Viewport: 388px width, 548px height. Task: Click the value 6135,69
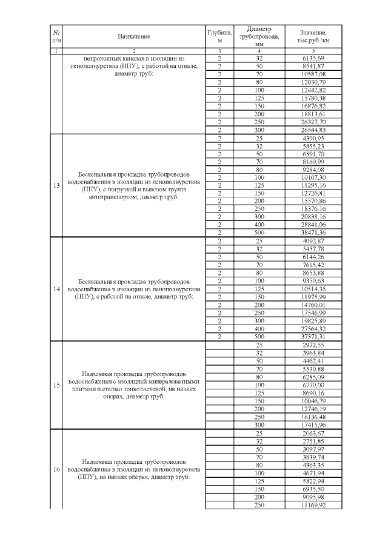tap(313, 58)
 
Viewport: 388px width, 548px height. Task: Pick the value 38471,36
tap(313, 233)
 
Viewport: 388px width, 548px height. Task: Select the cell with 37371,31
tap(313, 337)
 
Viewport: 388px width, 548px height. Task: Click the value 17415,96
tap(313, 424)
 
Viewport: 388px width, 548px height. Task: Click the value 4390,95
tap(313, 138)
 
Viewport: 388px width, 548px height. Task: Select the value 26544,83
tap(313, 130)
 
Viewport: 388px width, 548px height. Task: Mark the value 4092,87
tap(313, 241)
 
